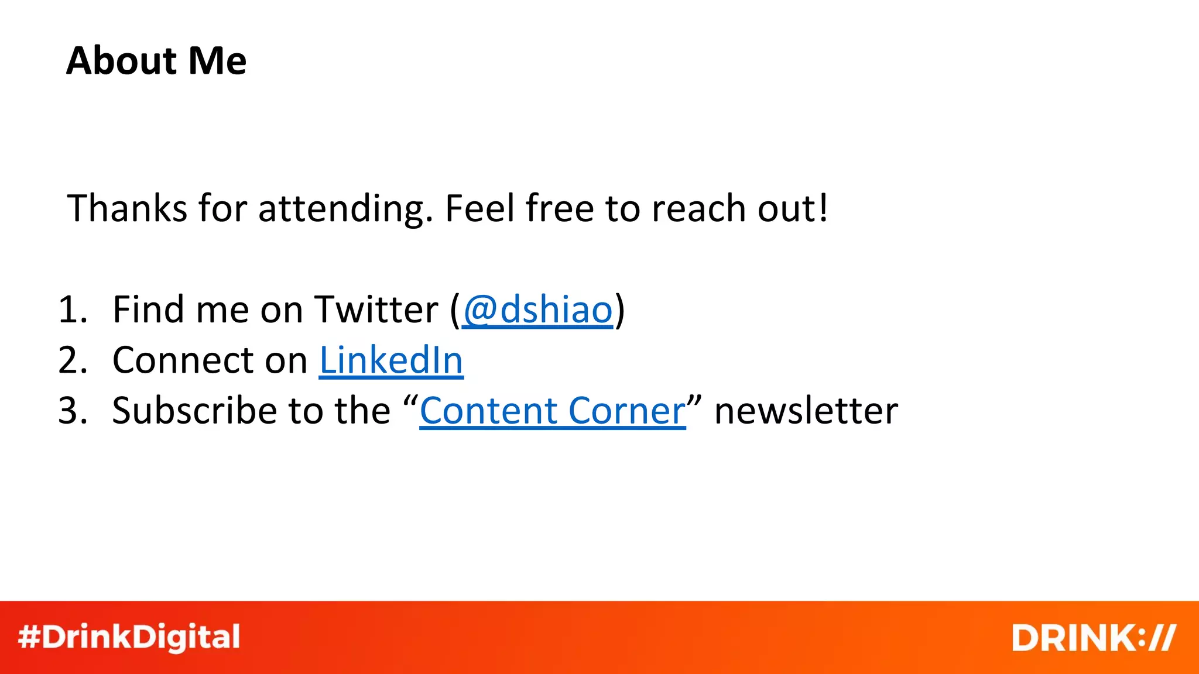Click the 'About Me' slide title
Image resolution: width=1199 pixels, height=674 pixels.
(156, 61)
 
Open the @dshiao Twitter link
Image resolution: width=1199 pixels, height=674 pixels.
(537, 310)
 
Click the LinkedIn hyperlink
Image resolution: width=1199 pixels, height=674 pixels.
(391, 360)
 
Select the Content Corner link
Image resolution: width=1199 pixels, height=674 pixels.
(552, 411)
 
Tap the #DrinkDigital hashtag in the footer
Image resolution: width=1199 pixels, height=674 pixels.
(129, 637)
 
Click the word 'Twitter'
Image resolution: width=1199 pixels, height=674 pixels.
(376, 310)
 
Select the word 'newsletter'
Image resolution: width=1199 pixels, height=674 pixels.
(806, 411)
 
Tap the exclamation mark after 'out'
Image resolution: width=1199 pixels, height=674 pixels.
(823, 209)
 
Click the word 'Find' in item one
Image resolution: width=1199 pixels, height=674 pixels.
(149, 310)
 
